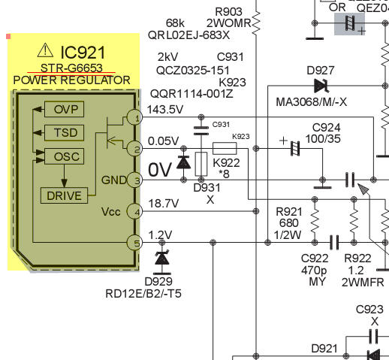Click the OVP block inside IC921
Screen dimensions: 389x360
pyautogui.click(x=64, y=109)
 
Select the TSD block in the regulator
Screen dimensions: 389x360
pyautogui.click(x=64, y=132)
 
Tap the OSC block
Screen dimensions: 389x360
pyautogui.click(x=64, y=156)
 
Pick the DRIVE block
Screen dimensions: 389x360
pyautogui.click(x=64, y=195)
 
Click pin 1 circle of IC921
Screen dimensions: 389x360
pyautogui.click(x=134, y=117)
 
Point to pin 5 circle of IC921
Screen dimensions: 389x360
pyautogui.click(x=134, y=243)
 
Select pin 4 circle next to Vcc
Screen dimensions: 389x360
pyautogui.click(x=134, y=211)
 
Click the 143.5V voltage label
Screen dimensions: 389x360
pyautogui.click(x=165, y=110)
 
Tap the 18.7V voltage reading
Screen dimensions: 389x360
pyautogui.click(x=164, y=204)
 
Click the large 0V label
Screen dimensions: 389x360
pyautogui.click(x=160, y=170)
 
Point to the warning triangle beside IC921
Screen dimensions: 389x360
pyautogui.click(x=45, y=50)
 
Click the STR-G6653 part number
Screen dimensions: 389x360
pyautogui.click(x=71, y=68)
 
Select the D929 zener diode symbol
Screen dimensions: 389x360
pyautogui.click(x=162, y=258)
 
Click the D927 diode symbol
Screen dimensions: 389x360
pyautogui.click(x=321, y=86)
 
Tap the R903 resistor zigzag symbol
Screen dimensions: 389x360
pyautogui.click(x=256, y=23)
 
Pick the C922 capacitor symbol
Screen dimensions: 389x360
pyautogui.click(x=334, y=242)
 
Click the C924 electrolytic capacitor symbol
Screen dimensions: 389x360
pyautogui.click(x=295, y=148)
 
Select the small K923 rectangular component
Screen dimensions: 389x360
pyautogui.click(x=225, y=148)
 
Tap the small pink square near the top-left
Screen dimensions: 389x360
pyautogui.click(x=8, y=37)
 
